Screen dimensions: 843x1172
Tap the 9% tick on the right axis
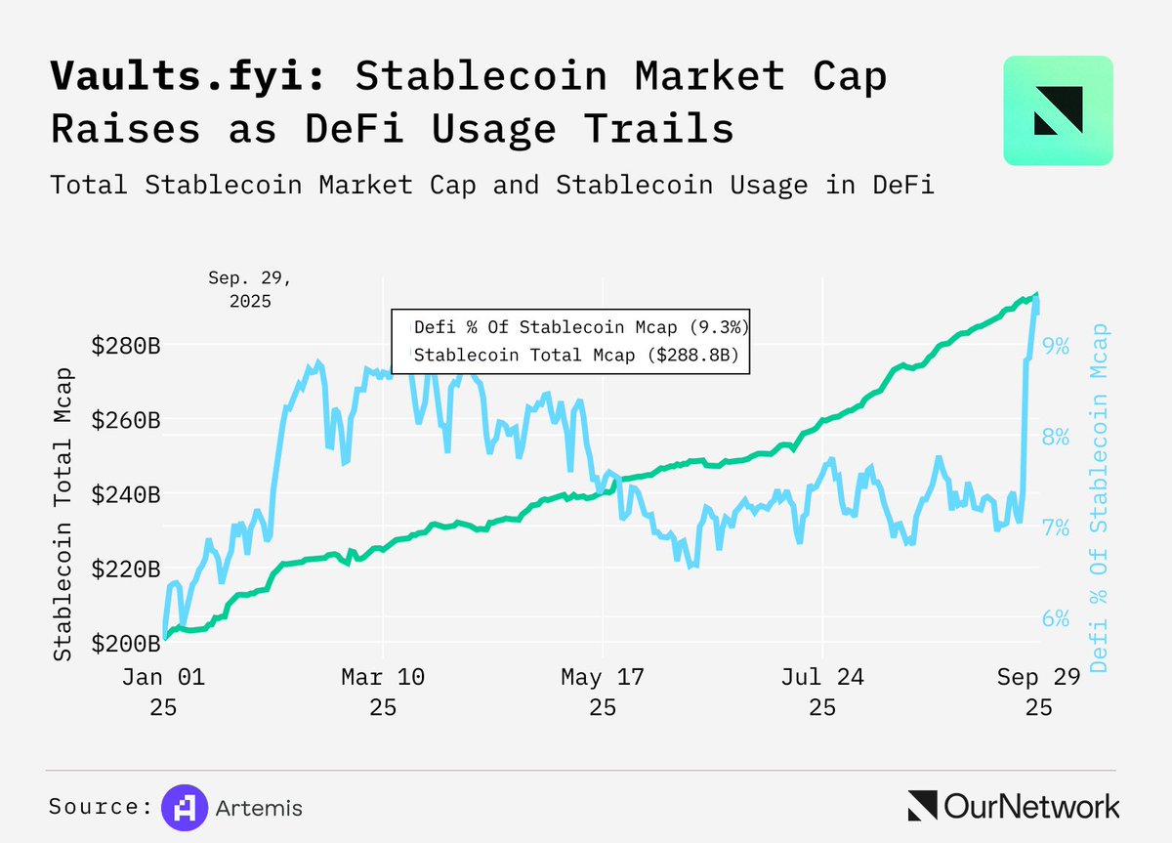click(x=1056, y=346)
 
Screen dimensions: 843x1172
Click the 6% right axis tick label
click(x=1056, y=618)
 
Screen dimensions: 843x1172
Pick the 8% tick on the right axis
click(x=1056, y=437)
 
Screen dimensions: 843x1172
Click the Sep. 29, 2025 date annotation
click(x=250, y=289)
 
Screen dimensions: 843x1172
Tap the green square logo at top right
click(x=1058, y=110)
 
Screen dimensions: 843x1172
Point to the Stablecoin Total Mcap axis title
click(x=63, y=514)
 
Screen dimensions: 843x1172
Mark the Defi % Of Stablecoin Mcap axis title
click(x=1101, y=498)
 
